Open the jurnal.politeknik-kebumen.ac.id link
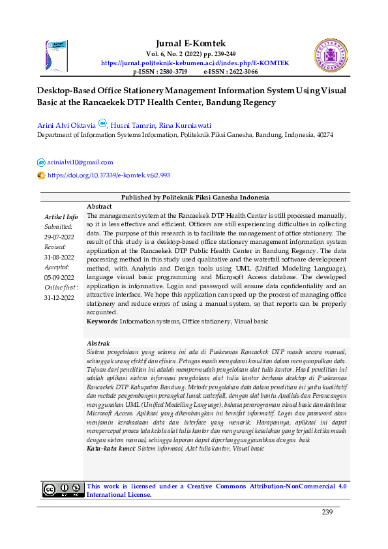(195, 63)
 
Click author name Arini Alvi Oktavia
(66, 125)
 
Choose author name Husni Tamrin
(136, 125)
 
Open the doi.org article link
(108, 175)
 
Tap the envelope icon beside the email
(41, 162)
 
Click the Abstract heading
(99, 206)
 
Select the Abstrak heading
(98, 343)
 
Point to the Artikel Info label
(61, 216)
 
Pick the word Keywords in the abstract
(102, 321)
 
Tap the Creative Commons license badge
(63, 490)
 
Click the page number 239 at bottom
(327, 512)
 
